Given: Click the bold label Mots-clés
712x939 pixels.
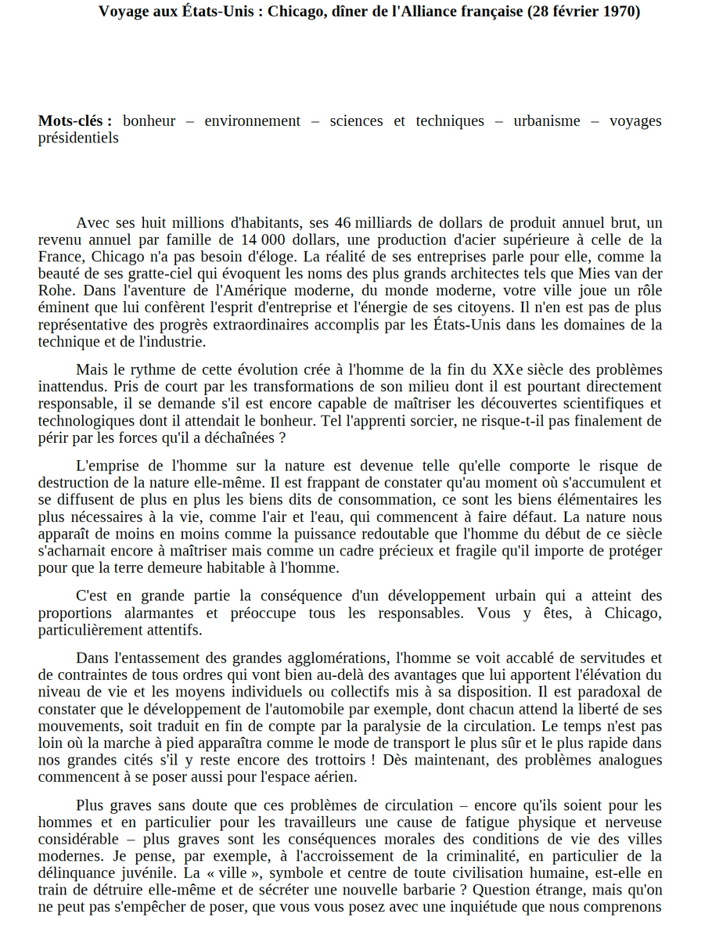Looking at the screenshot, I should (x=74, y=121).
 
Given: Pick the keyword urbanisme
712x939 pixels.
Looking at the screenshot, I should (x=547, y=121).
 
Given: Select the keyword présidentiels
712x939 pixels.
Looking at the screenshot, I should (x=78, y=138).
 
